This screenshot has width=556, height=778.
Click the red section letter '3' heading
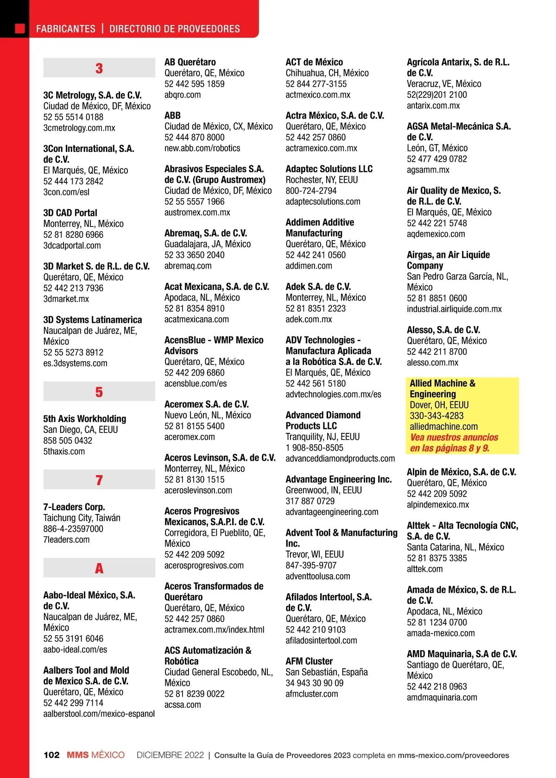pyautogui.click(x=99, y=69)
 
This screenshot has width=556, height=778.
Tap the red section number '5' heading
pyautogui.click(x=99, y=392)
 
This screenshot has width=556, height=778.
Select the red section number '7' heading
pyautogui.click(x=99, y=480)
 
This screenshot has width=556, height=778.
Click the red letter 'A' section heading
pyautogui.click(x=99, y=568)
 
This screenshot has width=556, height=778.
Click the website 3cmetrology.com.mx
pyautogui.click(x=79, y=128)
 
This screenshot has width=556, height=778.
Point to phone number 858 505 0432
pyautogui.click(x=68, y=440)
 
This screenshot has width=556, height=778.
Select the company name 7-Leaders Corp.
pyautogui.click(x=74, y=507)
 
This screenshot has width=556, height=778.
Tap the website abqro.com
pyautogui.click(x=183, y=95)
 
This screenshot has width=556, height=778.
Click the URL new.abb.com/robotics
pyautogui.click(x=202, y=148)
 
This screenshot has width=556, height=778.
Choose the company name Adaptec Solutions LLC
pyautogui.click(x=329, y=169)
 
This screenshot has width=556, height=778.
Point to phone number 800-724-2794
pyautogui.click(x=311, y=191)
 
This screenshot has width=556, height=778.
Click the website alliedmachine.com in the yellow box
pyautogui.click(x=443, y=427)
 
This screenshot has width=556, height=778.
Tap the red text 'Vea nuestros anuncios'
pyautogui.click(x=454, y=437)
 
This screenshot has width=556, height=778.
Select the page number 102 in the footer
pyautogui.click(x=51, y=755)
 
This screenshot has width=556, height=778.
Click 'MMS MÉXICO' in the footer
pyautogui.click(x=95, y=755)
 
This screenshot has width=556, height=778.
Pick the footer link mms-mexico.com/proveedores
pyautogui.click(x=453, y=755)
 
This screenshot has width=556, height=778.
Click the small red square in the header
pyautogui.click(x=20, y=29)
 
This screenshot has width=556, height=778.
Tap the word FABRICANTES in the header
pyautogui.click(x=66, y=29)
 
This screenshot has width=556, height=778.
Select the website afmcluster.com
pyautogui.click(x=312, y=694)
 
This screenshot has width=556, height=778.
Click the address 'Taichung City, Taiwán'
pyautogui.click(x=82, y=518)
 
